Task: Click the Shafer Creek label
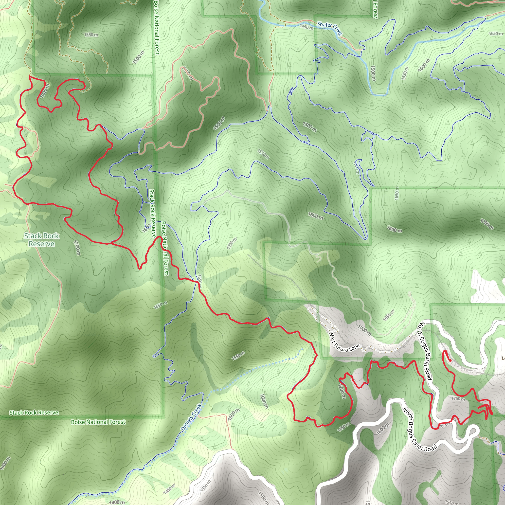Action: tap(329, 29)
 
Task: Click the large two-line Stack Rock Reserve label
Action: tap(42, 240)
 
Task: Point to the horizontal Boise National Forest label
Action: tap(98, 422)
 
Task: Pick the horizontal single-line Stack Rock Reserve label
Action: tap(34, 413)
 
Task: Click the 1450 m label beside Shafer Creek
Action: tap(306, 27)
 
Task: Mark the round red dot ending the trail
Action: tap(450, 361)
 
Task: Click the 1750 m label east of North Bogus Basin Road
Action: tap(458, 399)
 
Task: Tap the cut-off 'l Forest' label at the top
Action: tap(375, 9)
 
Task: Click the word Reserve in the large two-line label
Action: tap(42, 244)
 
